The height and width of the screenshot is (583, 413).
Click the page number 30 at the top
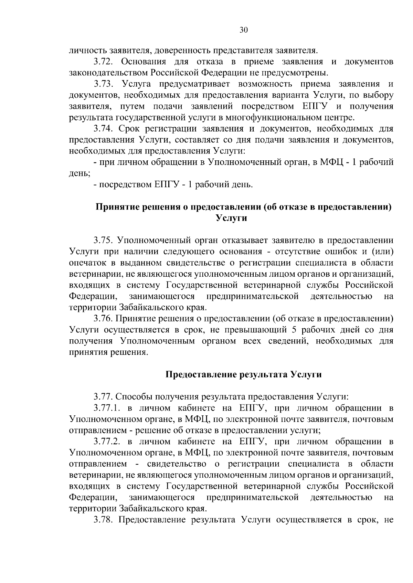tap(243, 30)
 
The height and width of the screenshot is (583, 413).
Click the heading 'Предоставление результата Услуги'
tap(244, 374)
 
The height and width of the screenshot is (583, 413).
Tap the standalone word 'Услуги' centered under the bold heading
tap(231, 218)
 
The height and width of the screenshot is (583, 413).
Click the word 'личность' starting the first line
tap(87, 51)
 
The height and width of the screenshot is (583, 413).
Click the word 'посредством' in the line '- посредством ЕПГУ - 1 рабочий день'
tap(124, 185)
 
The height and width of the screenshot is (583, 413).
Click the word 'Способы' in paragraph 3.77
tap(137, 397)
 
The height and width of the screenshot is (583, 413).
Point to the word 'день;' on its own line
tap(80, 173)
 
